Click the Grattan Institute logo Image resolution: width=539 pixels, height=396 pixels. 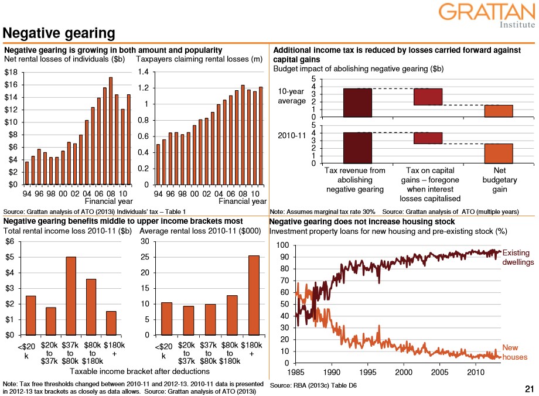[x=486, y=15]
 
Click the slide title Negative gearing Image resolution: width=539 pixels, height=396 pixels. [x=59, y=33]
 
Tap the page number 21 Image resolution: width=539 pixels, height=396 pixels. [x=529, y=388]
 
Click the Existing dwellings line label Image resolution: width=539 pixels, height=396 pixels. [x=516, y=258]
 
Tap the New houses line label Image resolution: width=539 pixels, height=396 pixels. [x=515, y=353]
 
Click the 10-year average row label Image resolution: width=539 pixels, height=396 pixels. [x=291, y=96]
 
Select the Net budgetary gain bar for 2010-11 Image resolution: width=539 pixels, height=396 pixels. [x=499, y=153]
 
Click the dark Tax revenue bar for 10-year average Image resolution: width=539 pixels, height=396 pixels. [x=356, y=102]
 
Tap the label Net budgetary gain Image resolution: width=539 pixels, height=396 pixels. [x=499, y=180]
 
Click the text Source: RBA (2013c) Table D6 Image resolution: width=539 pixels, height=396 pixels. [x=313, y=385]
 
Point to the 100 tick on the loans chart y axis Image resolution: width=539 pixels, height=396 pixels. [x=282, y=245]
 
